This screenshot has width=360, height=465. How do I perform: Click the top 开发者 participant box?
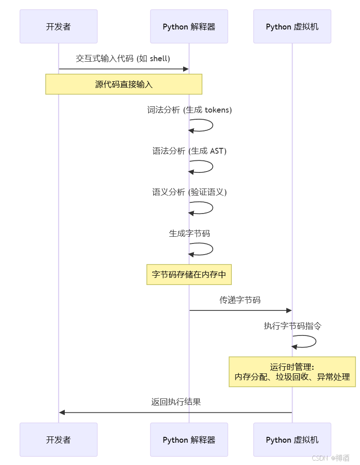click(59, 27)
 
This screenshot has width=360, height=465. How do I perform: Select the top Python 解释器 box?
click(189, 27)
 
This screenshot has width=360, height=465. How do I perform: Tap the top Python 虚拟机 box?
click(292, 27)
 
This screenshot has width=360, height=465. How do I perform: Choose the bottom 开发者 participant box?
click(59, 440)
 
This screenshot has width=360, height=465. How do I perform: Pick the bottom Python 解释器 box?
click(189, 440)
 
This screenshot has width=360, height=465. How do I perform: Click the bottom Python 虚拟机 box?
click(292, 440)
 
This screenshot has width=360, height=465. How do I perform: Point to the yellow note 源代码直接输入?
click(124, 84)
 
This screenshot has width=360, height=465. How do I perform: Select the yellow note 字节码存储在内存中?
click(189, 274)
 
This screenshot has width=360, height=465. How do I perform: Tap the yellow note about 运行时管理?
click(292, 372)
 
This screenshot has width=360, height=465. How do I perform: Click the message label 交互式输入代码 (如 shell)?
click(123, 59)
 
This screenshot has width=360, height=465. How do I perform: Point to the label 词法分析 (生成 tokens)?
click(189, 110)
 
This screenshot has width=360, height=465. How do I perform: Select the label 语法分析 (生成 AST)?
click(189, 151)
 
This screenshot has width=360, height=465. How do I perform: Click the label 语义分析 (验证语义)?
click(189, 192)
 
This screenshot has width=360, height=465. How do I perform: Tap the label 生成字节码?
click(189, 233)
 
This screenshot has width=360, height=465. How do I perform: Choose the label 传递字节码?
click(240, 300)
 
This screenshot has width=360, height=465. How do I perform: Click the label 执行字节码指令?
click(292, 326)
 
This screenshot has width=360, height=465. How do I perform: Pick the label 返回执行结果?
click(176, 402)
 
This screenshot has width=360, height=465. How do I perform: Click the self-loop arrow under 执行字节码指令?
click(306, 341)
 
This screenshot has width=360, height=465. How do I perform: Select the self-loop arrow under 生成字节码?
click(203, 249)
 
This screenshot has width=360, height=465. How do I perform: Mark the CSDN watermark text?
click(331, 458)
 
